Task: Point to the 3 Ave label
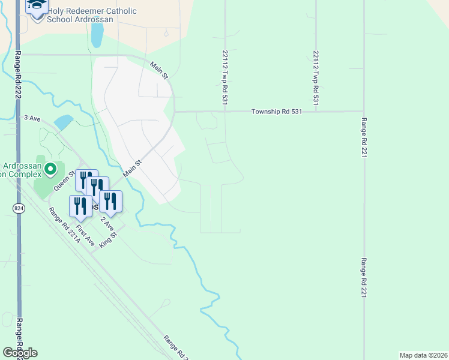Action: point(31,119)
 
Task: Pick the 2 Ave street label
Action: point(106,224)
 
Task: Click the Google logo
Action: point(20,353)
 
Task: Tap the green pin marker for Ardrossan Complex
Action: point(50,170)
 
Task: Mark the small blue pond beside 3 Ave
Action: point(64,122)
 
